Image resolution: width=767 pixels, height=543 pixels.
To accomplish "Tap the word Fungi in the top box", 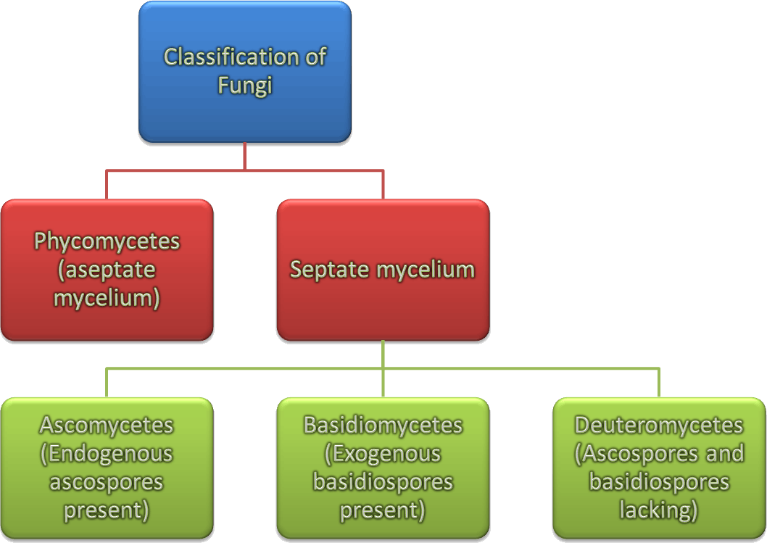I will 245,86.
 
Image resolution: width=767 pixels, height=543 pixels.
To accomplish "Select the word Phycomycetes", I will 107,241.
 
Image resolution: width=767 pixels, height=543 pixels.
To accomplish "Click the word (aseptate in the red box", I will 107,270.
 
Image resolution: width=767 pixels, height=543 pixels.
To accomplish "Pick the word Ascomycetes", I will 107,425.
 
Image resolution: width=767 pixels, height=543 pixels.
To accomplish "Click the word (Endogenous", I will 107,454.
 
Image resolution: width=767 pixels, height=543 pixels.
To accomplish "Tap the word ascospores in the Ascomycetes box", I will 107,482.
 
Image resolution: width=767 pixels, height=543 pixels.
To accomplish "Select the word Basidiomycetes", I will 383,425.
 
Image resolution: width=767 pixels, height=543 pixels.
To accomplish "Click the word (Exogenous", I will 383,454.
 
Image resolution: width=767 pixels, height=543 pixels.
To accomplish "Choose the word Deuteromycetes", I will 659,425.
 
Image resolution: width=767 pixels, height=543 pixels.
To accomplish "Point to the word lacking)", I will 659,510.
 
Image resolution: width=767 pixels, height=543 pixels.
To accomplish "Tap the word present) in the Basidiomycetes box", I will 383,510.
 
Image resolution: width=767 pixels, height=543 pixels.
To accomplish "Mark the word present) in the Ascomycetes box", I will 107,510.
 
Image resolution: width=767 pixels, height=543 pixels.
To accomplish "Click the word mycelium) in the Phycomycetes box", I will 107,298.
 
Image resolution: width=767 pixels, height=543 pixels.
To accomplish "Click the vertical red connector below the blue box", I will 245,156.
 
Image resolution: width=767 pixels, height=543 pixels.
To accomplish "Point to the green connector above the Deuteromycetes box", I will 659,383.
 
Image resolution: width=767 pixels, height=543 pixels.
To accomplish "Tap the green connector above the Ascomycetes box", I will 107,383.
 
